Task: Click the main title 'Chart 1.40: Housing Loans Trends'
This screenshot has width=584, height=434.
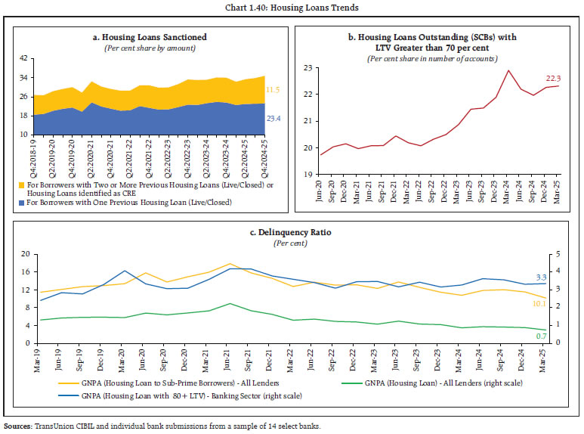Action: coord(292,8)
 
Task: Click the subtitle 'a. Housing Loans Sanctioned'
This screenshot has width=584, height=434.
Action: coord(154,37)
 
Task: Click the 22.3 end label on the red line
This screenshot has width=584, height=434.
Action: coord(554,79)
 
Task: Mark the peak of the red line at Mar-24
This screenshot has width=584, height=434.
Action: coord(508,70)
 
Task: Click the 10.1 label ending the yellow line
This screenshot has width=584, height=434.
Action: coord(539,303)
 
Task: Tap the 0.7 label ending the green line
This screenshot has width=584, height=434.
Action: coord(540,335)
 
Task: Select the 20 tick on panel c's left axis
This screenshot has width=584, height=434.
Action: coord(25,253)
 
